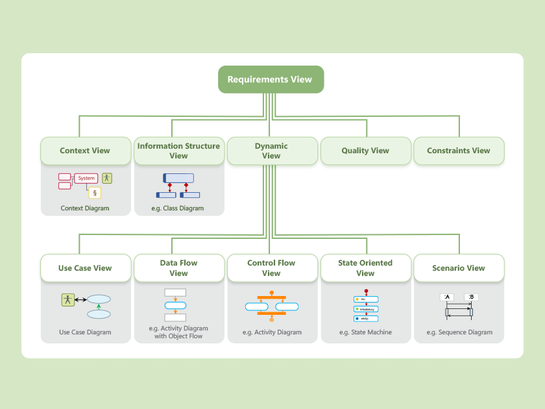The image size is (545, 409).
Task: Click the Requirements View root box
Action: coord(270,79)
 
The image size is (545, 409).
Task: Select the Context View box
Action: coord(85,151)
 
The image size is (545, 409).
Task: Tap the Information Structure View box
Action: coord(178,151)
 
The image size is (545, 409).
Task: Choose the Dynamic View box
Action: coord(271,151)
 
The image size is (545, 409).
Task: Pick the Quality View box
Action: coord(365,151)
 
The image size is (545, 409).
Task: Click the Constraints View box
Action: coord(459,151)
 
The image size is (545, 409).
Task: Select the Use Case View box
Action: coord(85,268)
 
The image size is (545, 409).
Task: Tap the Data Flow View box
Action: coord(178,268)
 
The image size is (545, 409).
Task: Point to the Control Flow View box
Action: coord(271,268)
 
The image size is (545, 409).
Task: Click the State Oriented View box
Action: coord(365,268)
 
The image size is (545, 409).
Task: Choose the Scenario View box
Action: coord(459,268)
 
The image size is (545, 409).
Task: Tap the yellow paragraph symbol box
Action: coord(95,192)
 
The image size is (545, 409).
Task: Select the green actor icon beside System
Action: coord(107,178)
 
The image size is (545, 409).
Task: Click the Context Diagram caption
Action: coord(85,208)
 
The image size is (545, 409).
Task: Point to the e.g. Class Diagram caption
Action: coord(178,208)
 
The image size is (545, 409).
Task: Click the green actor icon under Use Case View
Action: coord(67,299)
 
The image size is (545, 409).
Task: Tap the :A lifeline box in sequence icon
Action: coord(446,297)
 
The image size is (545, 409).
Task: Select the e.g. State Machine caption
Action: coord(365,332)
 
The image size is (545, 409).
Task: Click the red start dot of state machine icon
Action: coord(367,291)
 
